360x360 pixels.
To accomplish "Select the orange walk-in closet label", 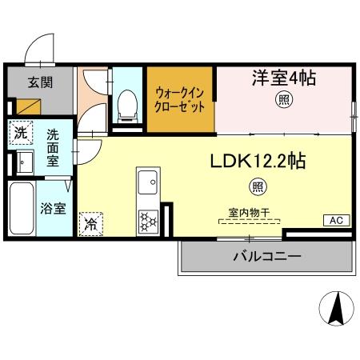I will click(180, 99).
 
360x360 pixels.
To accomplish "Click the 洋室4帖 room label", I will click(285, 78).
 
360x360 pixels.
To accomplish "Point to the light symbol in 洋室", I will click(283, 100).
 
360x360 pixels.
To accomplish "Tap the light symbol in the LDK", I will click(257, 188).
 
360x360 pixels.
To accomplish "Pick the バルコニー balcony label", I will click(266, 257).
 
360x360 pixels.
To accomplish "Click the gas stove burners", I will click(149, 218).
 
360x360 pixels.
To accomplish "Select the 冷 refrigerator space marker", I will click(91, 225).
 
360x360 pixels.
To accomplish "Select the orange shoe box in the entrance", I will click(25, 104).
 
